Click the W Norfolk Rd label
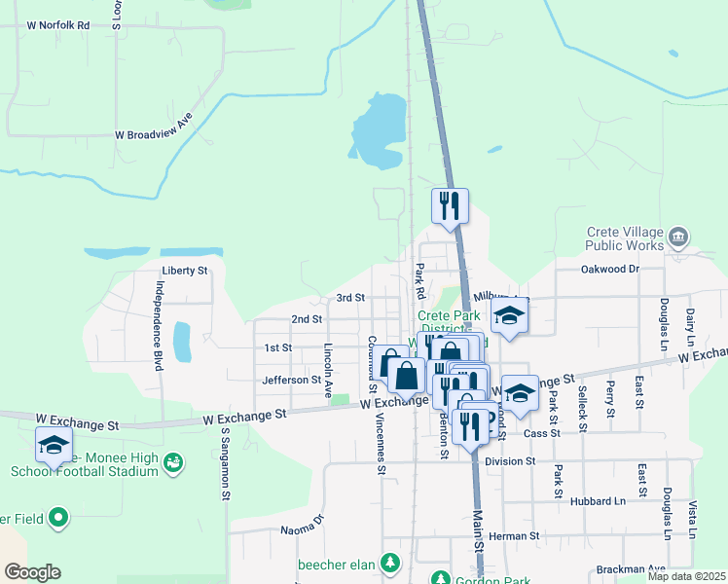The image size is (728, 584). (x=58, y=24)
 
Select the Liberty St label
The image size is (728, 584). (x=185, y=270)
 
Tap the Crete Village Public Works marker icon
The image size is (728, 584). (x=679, y=237)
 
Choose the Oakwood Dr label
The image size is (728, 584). (x=609, y=269)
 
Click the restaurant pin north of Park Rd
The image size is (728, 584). (x=450, y=205)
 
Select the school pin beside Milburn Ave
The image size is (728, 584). (x=509, y=315)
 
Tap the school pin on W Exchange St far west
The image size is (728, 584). (x=54, y=445)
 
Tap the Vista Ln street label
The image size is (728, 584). (x=693, y=521)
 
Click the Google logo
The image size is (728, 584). (x=32, y=572)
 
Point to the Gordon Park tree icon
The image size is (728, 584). (x=440, y=578)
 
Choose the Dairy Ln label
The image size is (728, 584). (x=690, y=326)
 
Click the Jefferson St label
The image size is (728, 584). (x=291, y=380)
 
